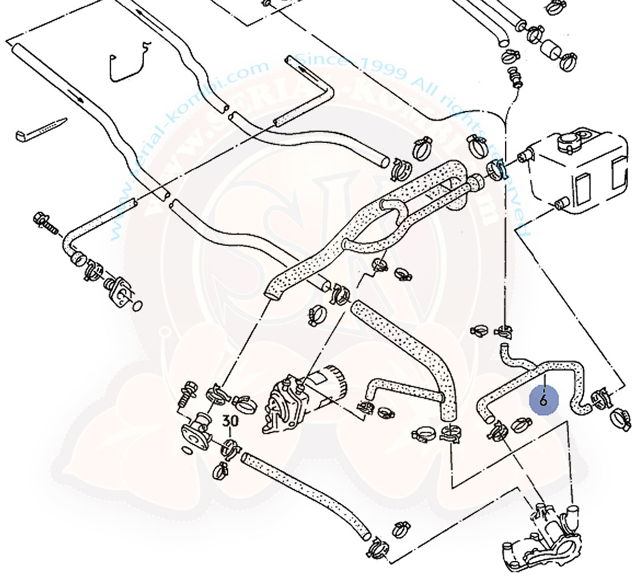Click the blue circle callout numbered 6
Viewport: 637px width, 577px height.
(x=543, y=400)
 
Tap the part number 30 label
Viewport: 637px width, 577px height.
(x=230, y=422)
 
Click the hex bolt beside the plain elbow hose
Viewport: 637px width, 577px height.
(x=45, y=222)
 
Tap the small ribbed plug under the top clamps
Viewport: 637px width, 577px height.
(x=515, y=76)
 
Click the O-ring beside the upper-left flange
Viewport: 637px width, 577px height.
(x=137, y=306)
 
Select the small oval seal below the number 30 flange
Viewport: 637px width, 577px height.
(x=186, y=451)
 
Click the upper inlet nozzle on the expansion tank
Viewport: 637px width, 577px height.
(x=524, y=156)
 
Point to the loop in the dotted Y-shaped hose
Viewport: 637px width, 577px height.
(x=392, y=210)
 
